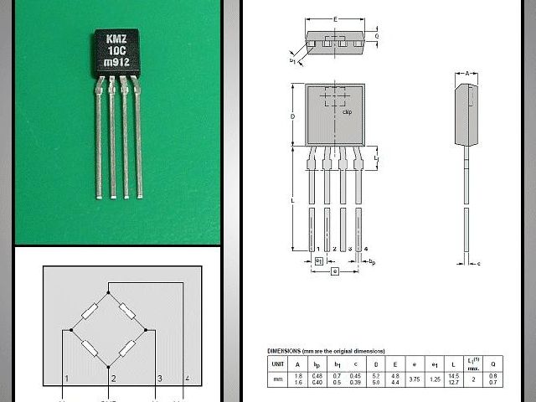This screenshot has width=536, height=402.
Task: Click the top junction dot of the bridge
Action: coord(110,293)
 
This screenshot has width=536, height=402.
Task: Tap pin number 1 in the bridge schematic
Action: coord(65,380)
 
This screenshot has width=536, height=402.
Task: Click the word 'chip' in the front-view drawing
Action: coord(347,111)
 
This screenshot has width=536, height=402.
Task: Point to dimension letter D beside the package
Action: coord(292,116)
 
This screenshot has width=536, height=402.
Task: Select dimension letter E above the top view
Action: coord(335,18)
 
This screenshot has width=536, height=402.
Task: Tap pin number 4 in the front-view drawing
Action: coord(365,250)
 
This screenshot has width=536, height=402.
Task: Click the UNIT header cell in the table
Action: coord(276,364)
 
